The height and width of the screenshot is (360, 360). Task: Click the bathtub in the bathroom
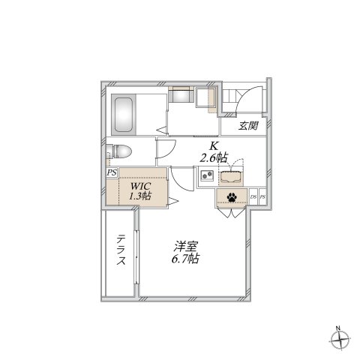click(x=125, y=113)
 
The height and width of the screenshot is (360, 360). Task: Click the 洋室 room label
click(x=187, y=247)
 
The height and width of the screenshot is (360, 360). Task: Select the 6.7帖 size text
click(x=186, y=259)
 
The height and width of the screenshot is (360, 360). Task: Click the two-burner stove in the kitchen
click(x=207, y=177)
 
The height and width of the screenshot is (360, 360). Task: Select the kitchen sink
click(x=231, y=178)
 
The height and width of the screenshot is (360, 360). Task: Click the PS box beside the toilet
click(x=111, y=172)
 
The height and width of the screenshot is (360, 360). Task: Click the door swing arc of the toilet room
click(x=165, y=148)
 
